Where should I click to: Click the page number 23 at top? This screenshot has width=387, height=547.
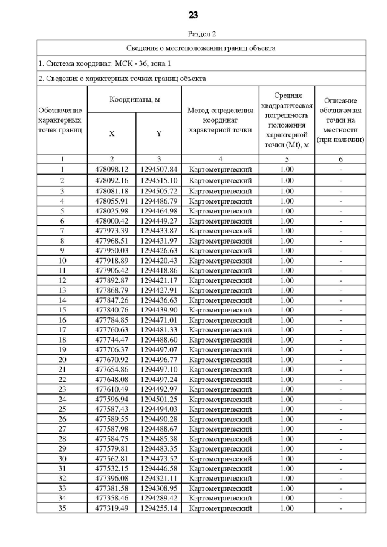click(193, 15)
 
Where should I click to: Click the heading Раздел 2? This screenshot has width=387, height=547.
click(193, 34)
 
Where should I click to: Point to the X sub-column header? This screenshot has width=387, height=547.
click(111, 134)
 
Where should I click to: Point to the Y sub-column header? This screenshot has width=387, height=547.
click(158, 134)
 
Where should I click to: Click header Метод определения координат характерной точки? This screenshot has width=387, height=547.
click(220, 120)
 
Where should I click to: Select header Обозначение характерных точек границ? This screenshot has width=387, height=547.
click(62, 120)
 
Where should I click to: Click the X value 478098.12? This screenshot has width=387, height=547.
click(111, 169)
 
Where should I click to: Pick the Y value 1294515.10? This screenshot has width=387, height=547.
click(158, 180)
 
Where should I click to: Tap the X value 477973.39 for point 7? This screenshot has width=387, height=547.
click(111, 230)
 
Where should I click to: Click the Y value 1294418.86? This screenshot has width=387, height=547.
click(158, 270)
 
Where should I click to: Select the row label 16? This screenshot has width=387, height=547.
click(62, 320)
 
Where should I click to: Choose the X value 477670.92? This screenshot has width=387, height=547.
click(111, 360)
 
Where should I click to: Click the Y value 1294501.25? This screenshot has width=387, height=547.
click(158, 400)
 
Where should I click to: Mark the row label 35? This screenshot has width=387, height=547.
click(62, 508)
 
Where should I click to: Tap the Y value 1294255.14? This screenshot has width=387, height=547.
click(158, 508)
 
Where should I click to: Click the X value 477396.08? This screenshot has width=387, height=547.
click(111, 478)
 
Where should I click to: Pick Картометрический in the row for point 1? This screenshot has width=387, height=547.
click(220, 169)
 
